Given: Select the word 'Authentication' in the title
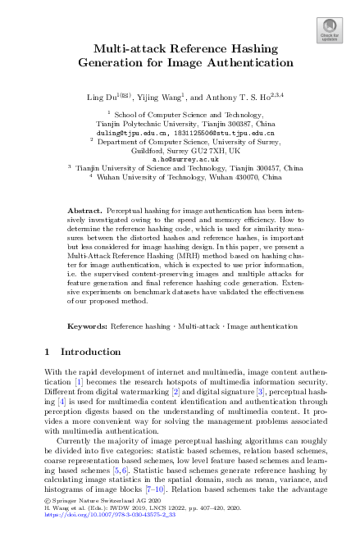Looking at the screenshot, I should point(244,62).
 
